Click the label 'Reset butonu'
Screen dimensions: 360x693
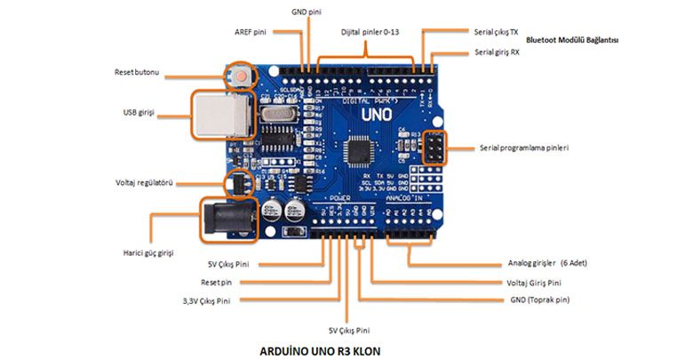(x=137, y=71)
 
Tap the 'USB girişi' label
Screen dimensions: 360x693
(x=139, y=112)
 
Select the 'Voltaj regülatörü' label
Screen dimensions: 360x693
(x=143, y=183)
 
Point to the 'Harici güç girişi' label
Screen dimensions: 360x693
(x=147, y=252)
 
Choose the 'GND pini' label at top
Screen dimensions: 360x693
(x=308, y=12)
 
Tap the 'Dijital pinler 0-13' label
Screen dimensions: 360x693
(x=370, y=32)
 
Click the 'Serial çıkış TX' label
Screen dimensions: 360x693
(x=497, y=31)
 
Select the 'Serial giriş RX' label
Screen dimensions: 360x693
(x=497, y=52)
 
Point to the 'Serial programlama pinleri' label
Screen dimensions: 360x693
(x=523, y=147)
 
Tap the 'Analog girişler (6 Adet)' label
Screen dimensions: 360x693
(x=547, y=263)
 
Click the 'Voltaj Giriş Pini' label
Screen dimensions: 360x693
(x=533, y=283)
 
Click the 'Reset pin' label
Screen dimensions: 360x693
(x=216, y=282)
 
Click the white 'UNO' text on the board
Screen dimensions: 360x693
(x=376, y=114)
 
